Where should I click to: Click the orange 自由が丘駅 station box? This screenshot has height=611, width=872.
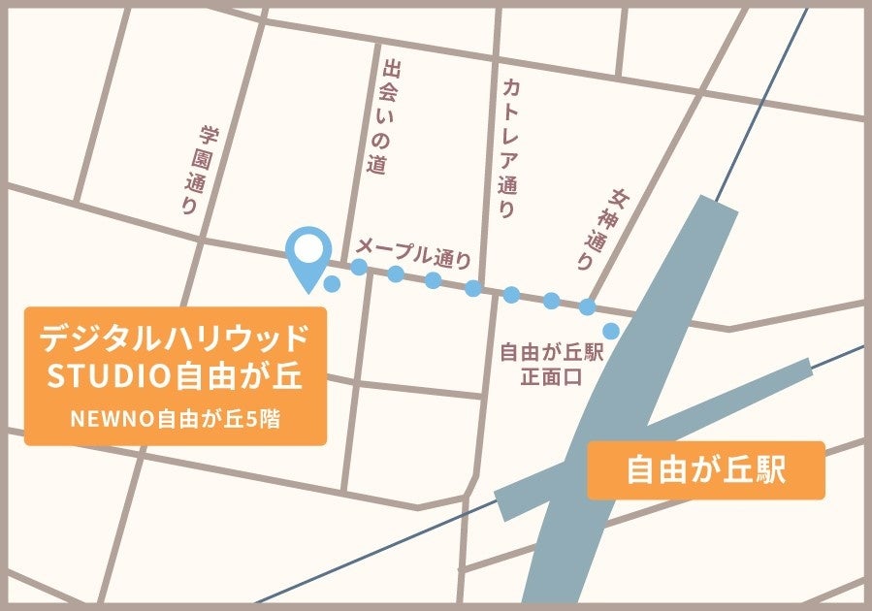(705, 470)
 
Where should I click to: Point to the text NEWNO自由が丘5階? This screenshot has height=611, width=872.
(175, 419)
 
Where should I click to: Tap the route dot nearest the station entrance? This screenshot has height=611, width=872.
(611, 331)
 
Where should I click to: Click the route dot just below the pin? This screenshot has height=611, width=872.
(332, 284)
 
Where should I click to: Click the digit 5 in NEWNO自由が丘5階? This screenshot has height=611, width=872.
(253, 419)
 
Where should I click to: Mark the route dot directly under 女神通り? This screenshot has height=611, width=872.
(587, 306)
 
